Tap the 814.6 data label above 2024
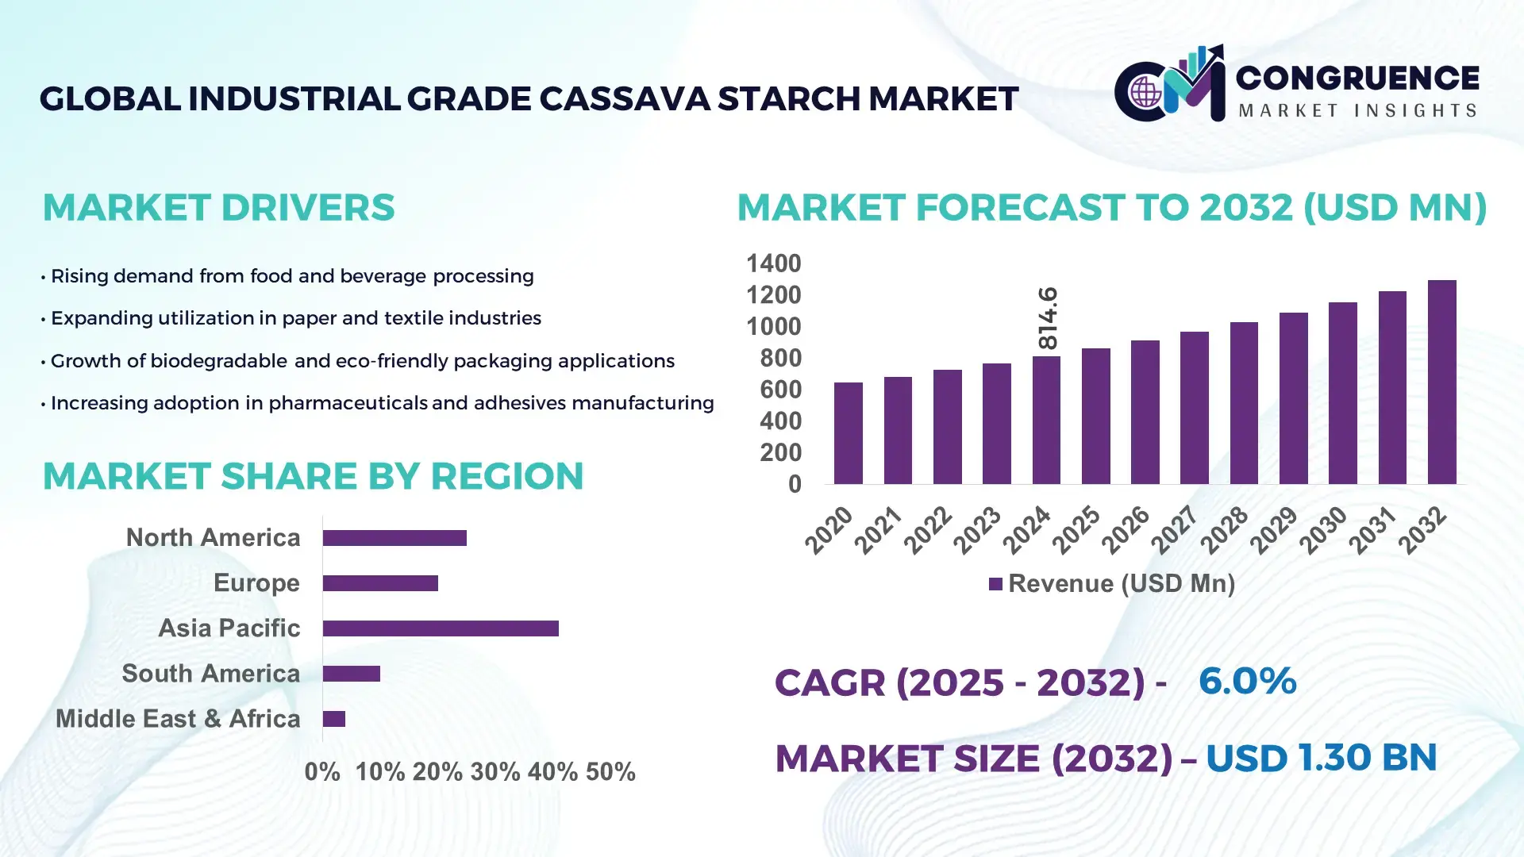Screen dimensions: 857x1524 tap(1048, 318)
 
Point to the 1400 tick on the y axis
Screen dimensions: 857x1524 tap(773, 263)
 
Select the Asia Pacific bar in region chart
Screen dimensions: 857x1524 tap(441, 628)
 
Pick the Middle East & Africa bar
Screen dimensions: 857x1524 tap(334, 719)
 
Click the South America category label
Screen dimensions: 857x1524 tap(211, 674)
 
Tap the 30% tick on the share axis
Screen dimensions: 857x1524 tap(495, 772)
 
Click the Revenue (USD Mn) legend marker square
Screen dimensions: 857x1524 tap(995, 585)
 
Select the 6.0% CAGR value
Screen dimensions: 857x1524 tap(1247, 681)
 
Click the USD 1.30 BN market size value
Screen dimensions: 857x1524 tap(1321, 758)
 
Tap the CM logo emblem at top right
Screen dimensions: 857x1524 tap(1172, 85)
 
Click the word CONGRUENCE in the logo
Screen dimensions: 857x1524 tap(1357, 78)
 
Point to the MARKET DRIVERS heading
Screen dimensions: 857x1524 tap(218, 208)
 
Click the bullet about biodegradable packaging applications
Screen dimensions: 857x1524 tap(362, 361)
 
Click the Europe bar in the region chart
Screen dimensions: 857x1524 tap(380, 583)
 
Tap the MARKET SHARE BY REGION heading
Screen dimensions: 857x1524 tap(313, 476)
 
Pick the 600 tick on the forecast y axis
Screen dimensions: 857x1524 tap(780, 390)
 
